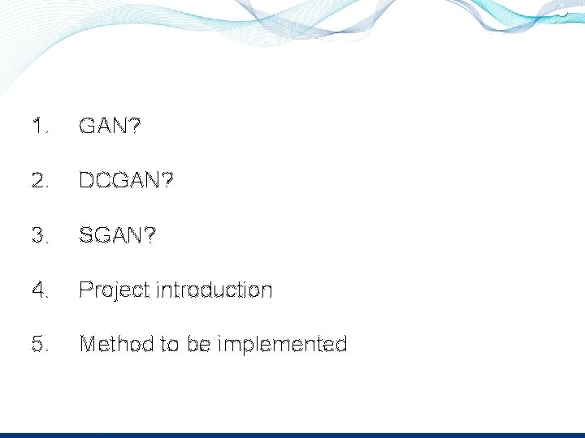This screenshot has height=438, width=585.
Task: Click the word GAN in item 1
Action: [103, 127]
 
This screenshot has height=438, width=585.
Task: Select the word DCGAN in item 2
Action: [120, 181]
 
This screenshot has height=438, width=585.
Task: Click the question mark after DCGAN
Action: [167, 181]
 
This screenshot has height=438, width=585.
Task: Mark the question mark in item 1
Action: [134, 127]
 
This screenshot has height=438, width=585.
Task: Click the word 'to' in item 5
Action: [170, 344]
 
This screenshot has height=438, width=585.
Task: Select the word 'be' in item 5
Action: [198, 344]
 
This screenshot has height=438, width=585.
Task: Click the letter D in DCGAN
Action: [86, 181]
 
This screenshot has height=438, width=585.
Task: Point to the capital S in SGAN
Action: [85, 235]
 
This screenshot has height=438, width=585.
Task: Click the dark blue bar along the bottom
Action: [292, 435]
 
